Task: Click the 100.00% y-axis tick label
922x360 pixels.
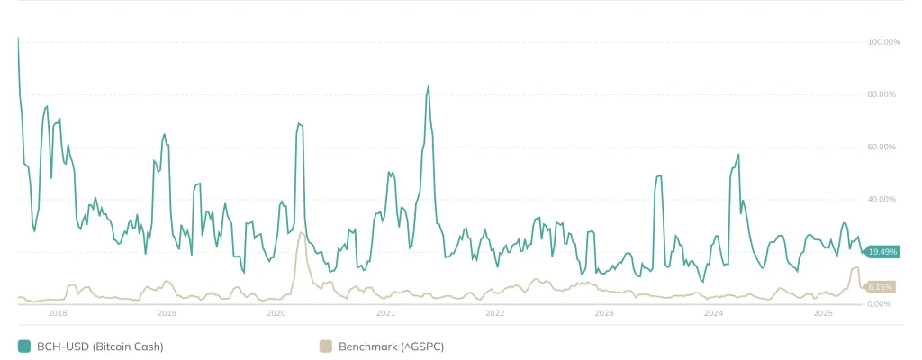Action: point(882,42)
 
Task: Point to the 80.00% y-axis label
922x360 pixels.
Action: point(882,94)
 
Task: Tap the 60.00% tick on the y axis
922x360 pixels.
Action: point(882,147)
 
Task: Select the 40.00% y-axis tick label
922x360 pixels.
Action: point(882,199)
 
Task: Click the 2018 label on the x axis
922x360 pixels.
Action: point(57,313)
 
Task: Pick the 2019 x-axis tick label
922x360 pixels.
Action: point(167,313)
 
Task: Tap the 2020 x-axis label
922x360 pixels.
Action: point(276,313)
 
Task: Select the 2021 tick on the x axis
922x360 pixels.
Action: point(385,313)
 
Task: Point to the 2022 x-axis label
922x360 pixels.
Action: point(495,313)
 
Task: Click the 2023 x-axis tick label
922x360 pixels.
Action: point(604,313)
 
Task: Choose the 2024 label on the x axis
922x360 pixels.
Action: point(714,313)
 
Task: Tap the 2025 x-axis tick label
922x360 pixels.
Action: point(823,313)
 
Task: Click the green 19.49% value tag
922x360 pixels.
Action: point(881,252)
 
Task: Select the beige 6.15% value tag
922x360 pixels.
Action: point(881,287)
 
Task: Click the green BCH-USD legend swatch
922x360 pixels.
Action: point(24,346)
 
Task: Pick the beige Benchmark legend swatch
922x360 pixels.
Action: point(326,346)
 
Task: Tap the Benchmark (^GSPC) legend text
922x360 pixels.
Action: point(391,346)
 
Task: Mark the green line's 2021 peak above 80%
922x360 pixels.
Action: point(429,86)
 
